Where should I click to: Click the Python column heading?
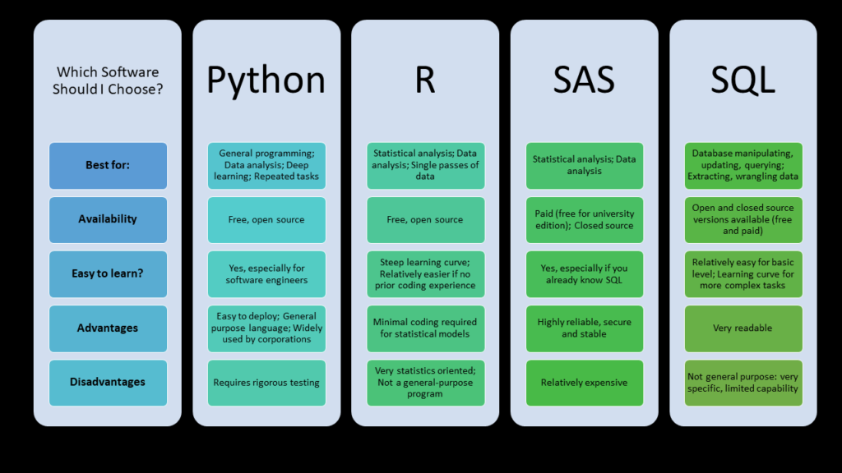(266, 80)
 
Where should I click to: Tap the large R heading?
(425, 80)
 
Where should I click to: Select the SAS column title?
(584, 80)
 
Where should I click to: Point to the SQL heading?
(743, 80)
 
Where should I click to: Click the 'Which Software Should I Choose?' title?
(108, 80)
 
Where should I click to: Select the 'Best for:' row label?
(108, 166)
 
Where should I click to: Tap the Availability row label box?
(108, 220)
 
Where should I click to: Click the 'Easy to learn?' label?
(108, 274)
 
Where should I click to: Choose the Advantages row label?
(108, 328)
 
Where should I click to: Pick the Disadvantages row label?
(108, 383)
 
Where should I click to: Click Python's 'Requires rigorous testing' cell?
(267, 383)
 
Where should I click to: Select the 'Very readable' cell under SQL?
(743, 328)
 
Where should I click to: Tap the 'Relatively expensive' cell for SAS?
(585, 383)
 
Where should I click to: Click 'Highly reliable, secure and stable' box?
(585, 328)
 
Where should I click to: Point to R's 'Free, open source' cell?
(425, 220)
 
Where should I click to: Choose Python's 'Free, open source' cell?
(267, 220)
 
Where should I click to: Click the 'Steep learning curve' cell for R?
(425, 274)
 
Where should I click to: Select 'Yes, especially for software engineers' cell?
(267, 274)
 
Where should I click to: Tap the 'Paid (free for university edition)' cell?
(585, 220)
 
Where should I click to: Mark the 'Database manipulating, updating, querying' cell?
(743, 166)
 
